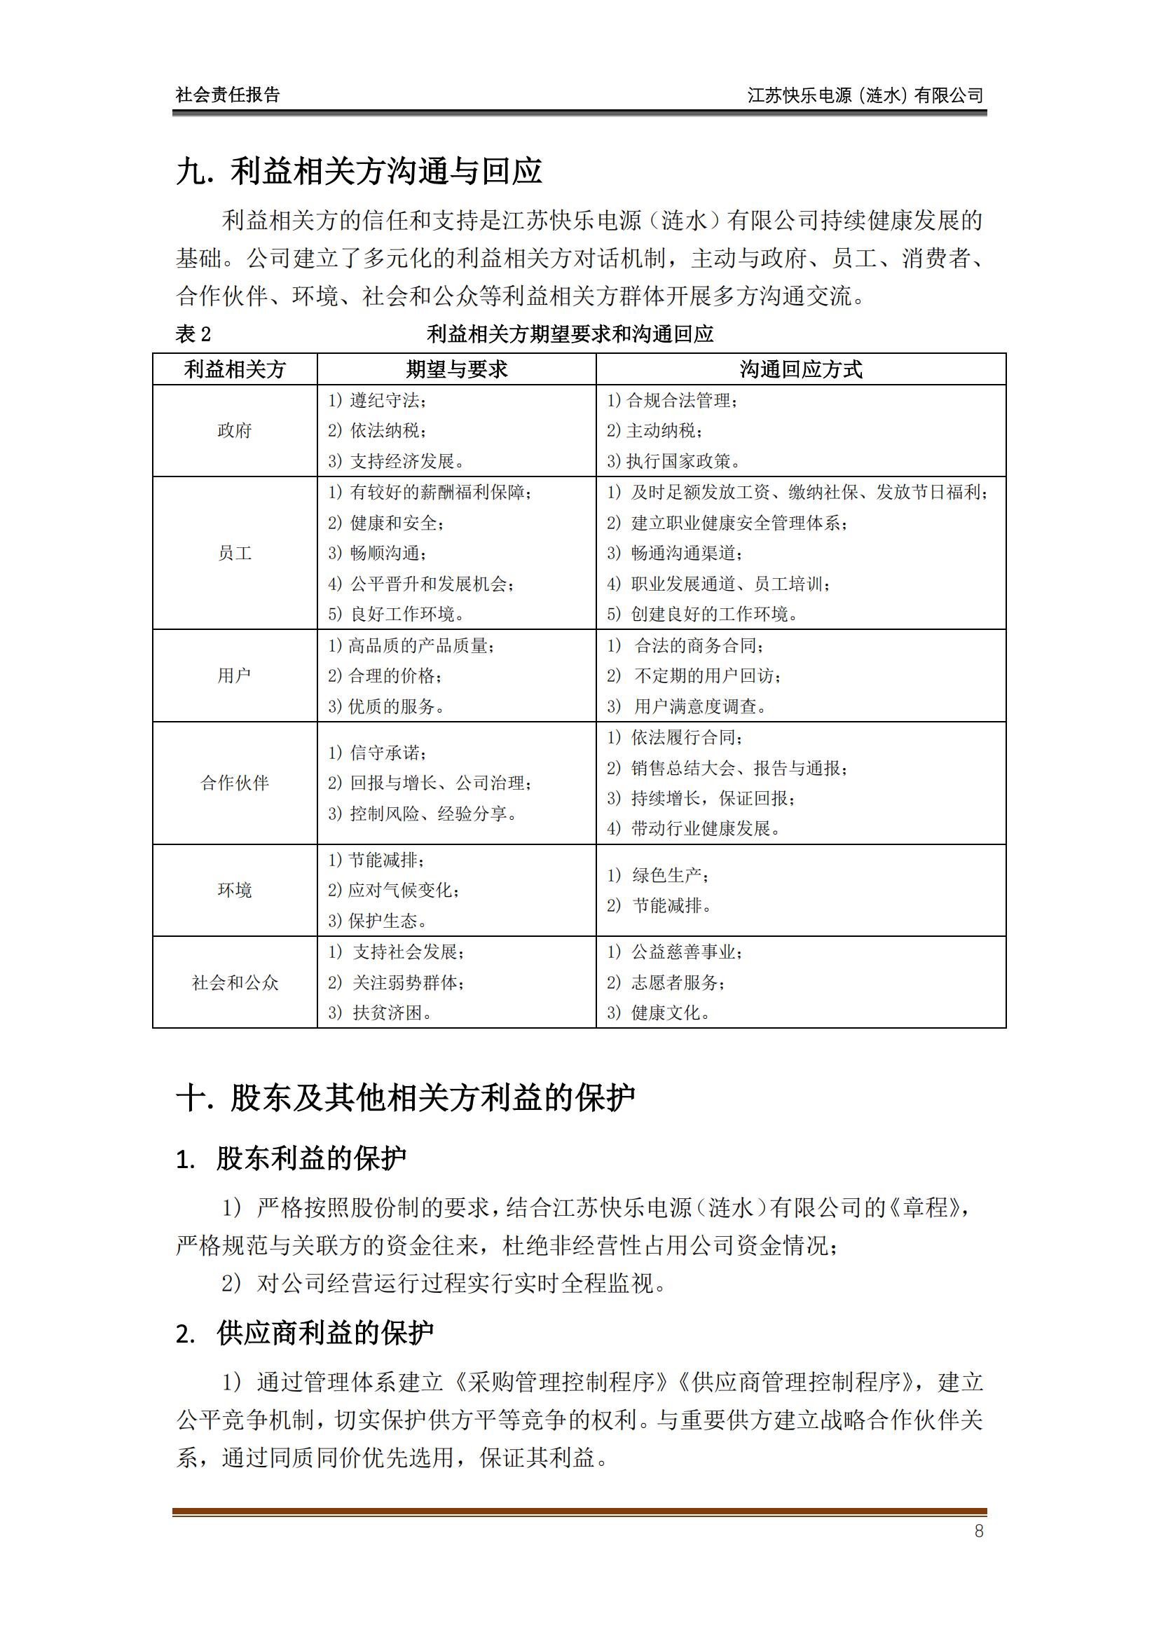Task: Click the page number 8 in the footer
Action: (x=978, y=1530)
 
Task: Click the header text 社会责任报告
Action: (x=228, y=95)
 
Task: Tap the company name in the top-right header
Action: (x=865, y=95)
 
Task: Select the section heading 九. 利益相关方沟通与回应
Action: (x=358, y=171)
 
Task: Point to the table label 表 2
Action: (x=193, y=334)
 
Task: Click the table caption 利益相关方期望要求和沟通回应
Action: (x=570, y=334)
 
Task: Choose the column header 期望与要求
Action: (x=456, y=369)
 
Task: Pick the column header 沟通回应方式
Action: (x=800, y=369)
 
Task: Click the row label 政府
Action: (x=234, y=430)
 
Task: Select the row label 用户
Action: (x=234, y=676)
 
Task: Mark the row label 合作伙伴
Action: (x=234, y=783)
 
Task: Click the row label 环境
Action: (x=234, y=889)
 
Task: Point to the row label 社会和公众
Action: (x=234, y=982)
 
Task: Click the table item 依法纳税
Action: (x=387, y=430)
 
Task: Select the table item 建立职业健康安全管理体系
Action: (x=738, y=523)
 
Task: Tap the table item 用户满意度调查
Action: (x=699, y=706)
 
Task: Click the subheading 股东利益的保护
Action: (x=311, y=1158)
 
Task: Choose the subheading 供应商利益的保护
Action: (x=324, y=1333)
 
